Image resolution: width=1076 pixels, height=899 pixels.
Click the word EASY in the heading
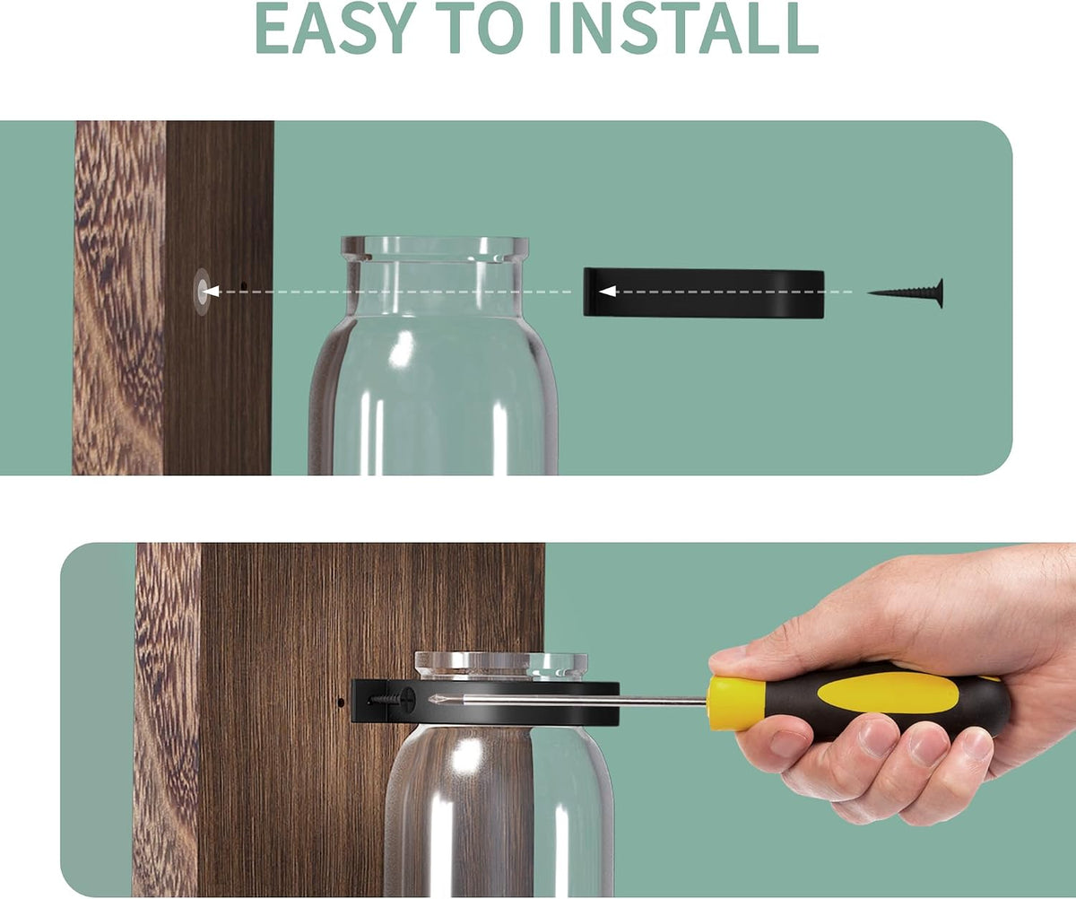(335, 28)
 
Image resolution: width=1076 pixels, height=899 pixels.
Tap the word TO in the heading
(487, 28)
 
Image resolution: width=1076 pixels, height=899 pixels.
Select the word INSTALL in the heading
(684, 28)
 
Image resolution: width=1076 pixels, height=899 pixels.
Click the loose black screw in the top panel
(906, 293)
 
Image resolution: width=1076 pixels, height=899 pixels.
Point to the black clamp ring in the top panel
(703, 292)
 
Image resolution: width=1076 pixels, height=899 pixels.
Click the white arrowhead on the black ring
(608, 292)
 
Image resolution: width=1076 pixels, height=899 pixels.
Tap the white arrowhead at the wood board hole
(212, 292)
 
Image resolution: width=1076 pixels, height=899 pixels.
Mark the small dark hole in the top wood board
(244, 284)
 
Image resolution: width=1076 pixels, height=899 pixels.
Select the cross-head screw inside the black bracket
(393, 698)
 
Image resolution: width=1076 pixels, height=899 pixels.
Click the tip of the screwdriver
(430, 700)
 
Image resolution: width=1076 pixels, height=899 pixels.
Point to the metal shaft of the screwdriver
(571, 700)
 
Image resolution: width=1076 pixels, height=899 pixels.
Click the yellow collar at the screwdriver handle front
(733, 702)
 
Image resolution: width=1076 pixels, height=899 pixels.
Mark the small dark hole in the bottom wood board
(341, 702)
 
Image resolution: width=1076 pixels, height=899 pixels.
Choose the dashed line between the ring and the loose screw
(734, 292)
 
